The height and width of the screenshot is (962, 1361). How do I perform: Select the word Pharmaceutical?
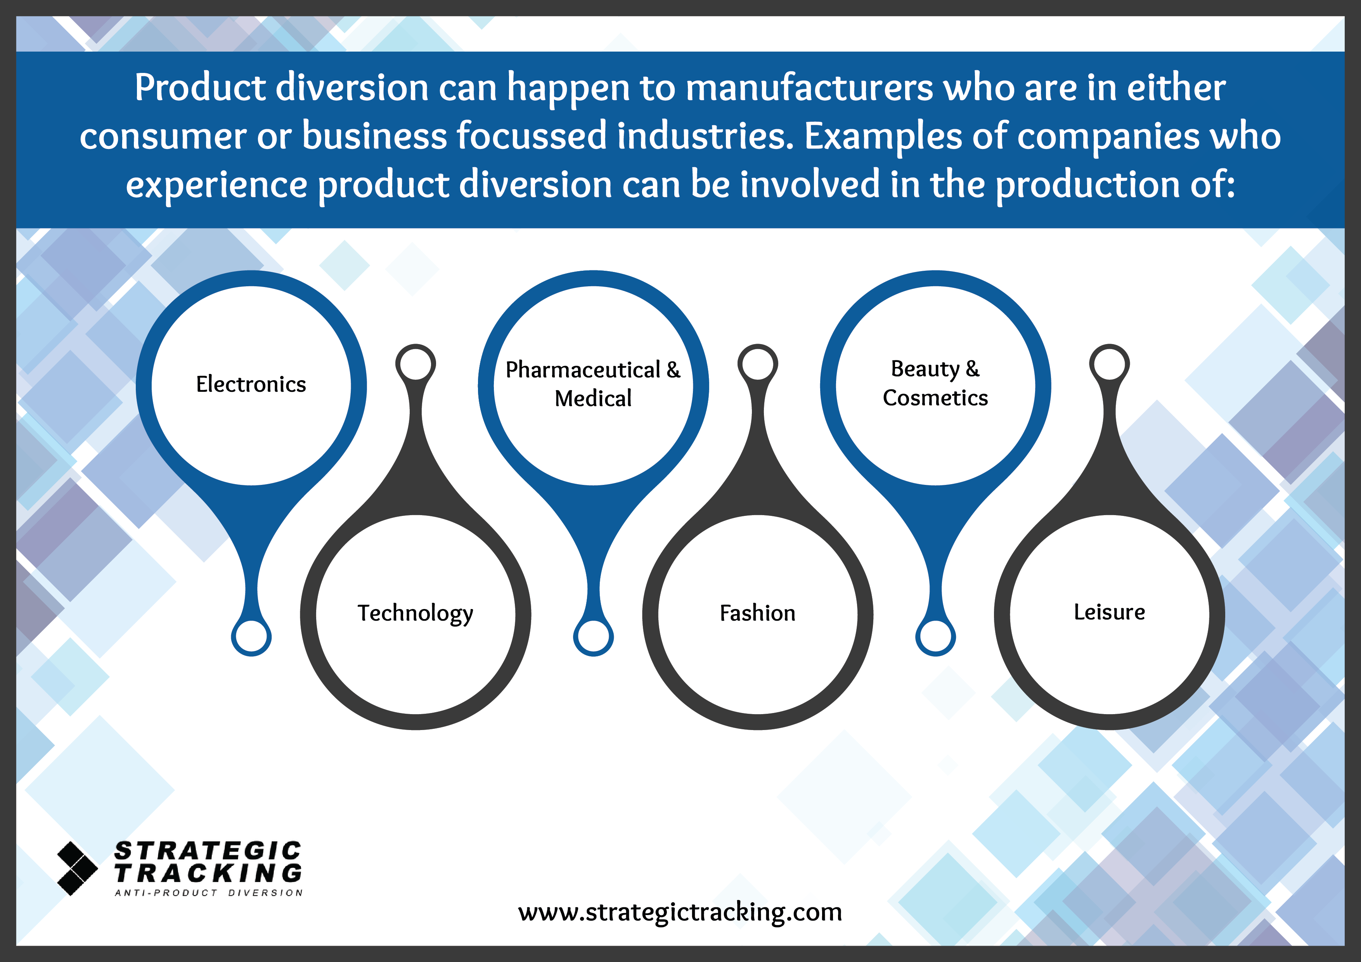[583, 370]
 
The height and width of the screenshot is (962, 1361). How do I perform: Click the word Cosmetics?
[935, 398]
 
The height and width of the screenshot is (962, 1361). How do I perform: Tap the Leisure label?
[1109, 612]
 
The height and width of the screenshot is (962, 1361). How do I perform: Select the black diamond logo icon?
[77, 869]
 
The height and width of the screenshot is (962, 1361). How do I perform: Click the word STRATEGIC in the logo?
[208, 851]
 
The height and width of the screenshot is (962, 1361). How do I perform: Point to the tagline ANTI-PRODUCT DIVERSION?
[209, 893]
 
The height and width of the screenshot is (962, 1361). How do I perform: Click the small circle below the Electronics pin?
[251, 637]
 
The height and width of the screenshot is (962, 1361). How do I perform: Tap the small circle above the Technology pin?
[416, 363]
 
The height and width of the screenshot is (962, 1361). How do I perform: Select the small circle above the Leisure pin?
[1109, 363]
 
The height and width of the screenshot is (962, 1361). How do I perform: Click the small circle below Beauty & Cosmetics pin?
[935, 637]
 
